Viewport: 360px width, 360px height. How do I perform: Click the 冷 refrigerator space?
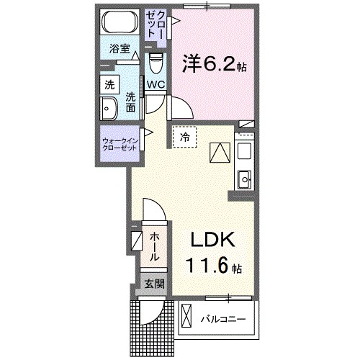[184, 135]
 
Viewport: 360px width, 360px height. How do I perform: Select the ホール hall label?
[155, 247]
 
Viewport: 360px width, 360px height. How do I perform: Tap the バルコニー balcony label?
[222, 318]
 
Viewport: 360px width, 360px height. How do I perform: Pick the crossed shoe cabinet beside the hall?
[135, 240]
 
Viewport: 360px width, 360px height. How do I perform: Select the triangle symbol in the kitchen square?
[218, 153]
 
